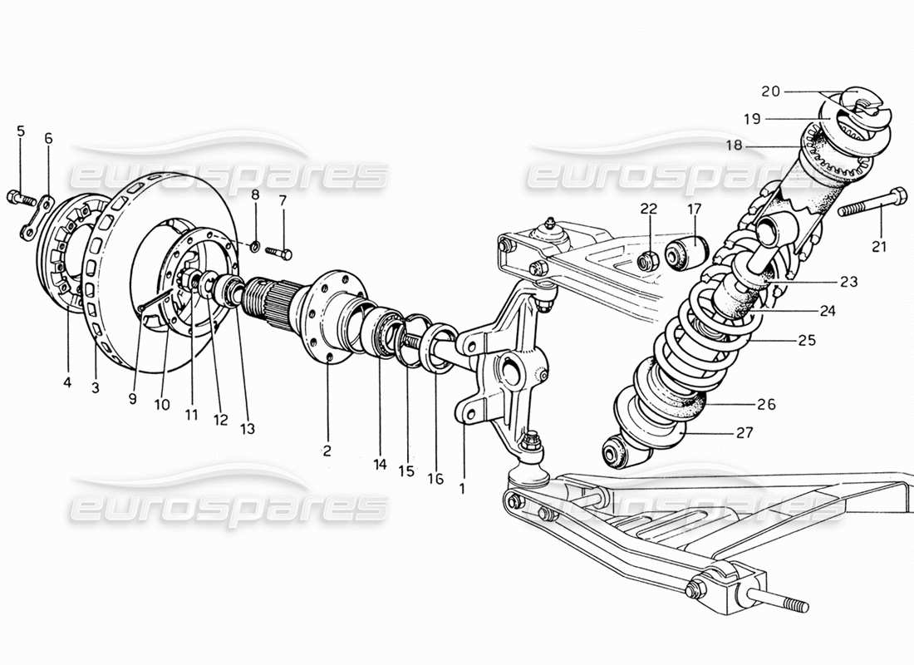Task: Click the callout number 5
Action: (x=21, y=131)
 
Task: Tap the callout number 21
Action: (x=879, y=246)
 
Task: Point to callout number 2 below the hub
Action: (x=327, y=451)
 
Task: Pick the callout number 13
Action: (x=248, y=429)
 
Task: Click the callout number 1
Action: (x=462, y=489)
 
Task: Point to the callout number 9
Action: (x=132, y=398)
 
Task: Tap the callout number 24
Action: (x=827, y=312)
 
